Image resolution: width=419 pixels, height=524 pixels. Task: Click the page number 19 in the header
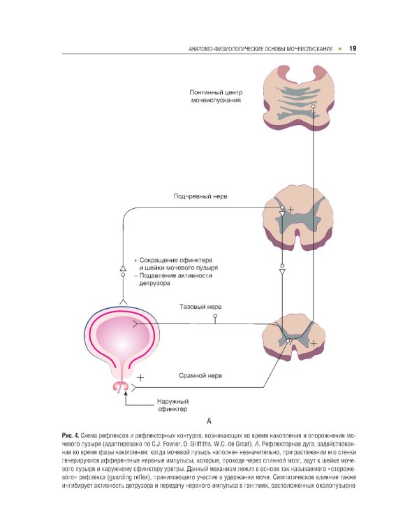click(x=353, y=49)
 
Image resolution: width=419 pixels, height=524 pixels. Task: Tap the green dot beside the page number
click(x=340, y=49)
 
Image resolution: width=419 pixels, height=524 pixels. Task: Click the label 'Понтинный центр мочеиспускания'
click(x=216, y=96)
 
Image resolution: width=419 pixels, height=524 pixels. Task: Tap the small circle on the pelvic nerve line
click(x=216, y=316)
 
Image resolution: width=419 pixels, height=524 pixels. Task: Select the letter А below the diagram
click(x=208, y=421)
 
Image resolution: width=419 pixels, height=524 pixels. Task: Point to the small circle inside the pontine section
click(x=314, y=106)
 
